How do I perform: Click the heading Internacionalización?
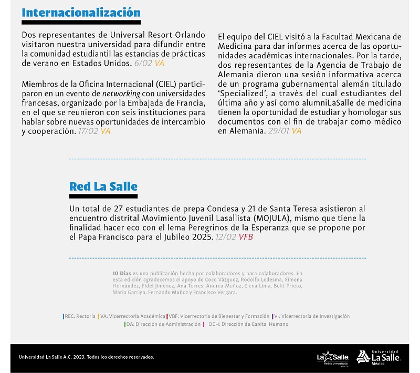[81, 13]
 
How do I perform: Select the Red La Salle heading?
[103, 186]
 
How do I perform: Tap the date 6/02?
[143, 63]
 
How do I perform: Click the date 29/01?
[278, 131]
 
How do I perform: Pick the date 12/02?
[226, 237]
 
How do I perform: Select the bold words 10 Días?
[121, 273]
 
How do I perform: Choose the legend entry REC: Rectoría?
[79, 316]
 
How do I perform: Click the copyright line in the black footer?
[87, 357]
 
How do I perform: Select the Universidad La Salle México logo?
[379, 357]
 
